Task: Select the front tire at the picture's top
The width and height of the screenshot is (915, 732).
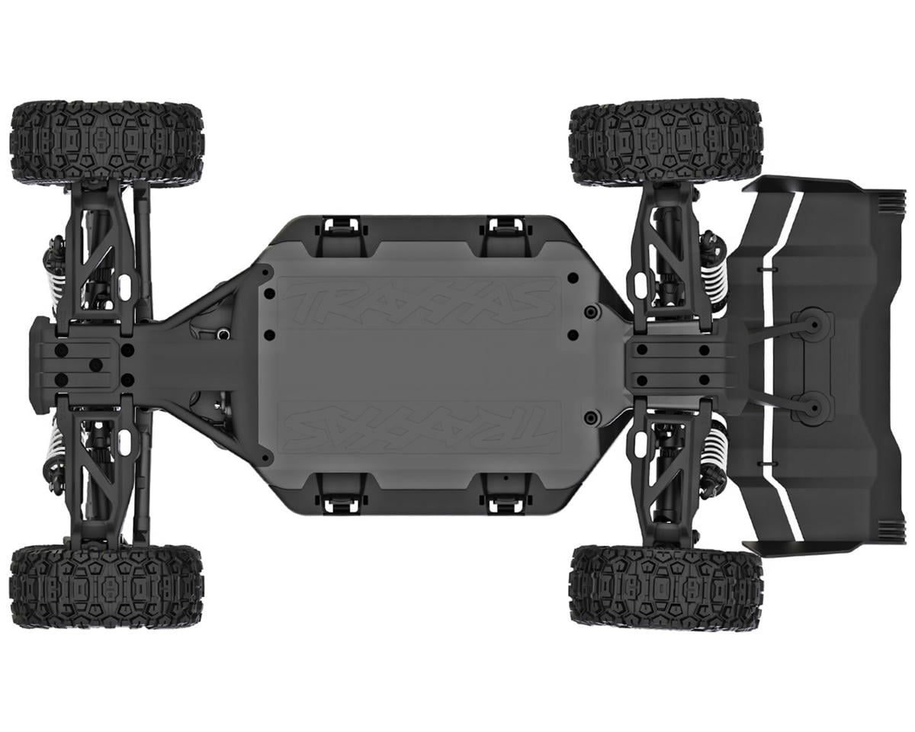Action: (x=107, y=141)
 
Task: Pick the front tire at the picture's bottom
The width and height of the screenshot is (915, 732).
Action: (x=107, y=586)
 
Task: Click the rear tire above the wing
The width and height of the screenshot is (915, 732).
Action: (x=665, y=141)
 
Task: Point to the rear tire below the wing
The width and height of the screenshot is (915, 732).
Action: (x=665, y=586)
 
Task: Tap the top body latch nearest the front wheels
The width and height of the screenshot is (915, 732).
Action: (x=340, y=226)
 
